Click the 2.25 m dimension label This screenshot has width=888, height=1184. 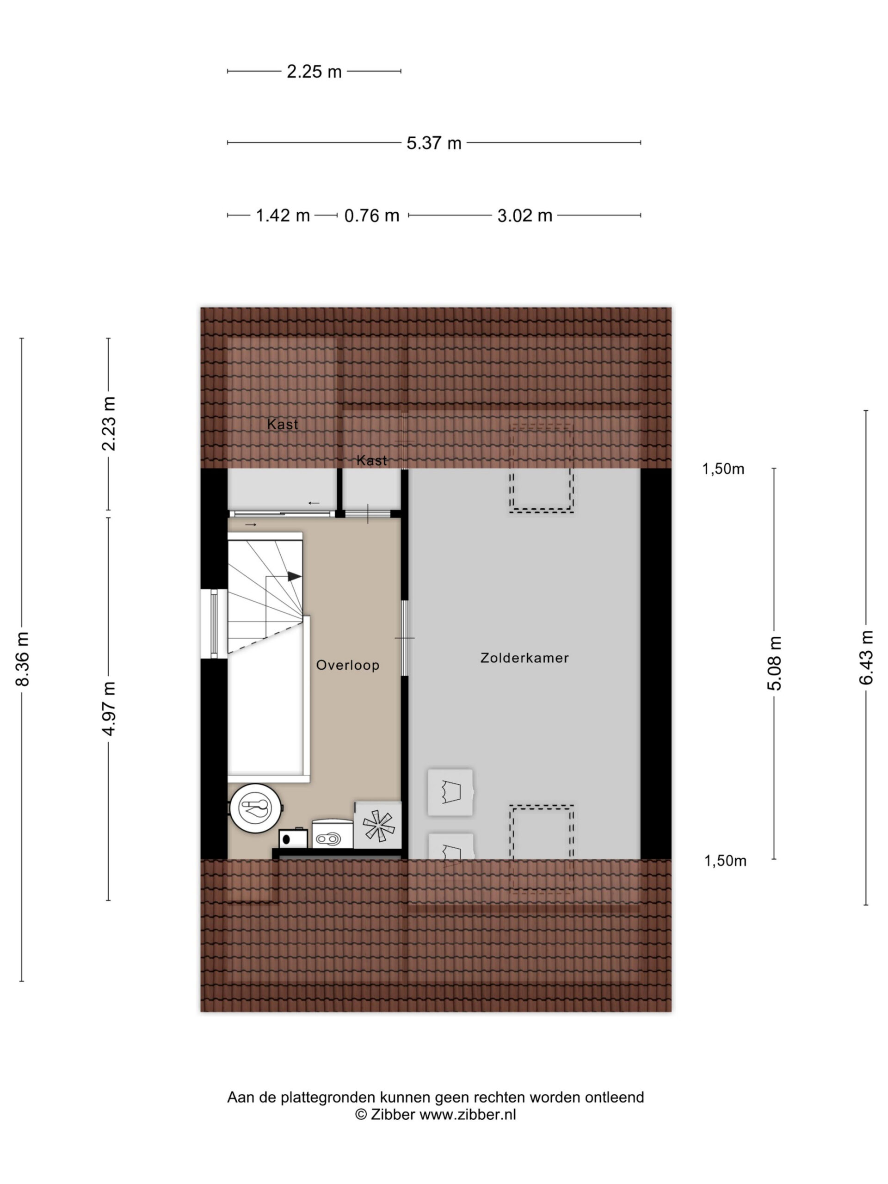[x=314, y=71]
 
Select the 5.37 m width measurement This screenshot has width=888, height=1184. [x=433, y=143]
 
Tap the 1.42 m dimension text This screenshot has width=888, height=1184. [x=283, y=215]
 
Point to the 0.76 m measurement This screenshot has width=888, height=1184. [x=371, y=215]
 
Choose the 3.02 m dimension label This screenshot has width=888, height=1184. [x=524, y=215]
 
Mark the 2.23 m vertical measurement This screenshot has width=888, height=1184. [x=109, y=423]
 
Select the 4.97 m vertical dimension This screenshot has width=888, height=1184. [x=109, y=708]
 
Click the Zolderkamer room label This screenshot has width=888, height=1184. [x=524, y=658]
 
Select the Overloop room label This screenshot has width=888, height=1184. [x=347, y=665]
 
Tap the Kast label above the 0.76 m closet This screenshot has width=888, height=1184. [x=371, y=460]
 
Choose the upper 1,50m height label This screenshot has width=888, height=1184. [x=723, y=469]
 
